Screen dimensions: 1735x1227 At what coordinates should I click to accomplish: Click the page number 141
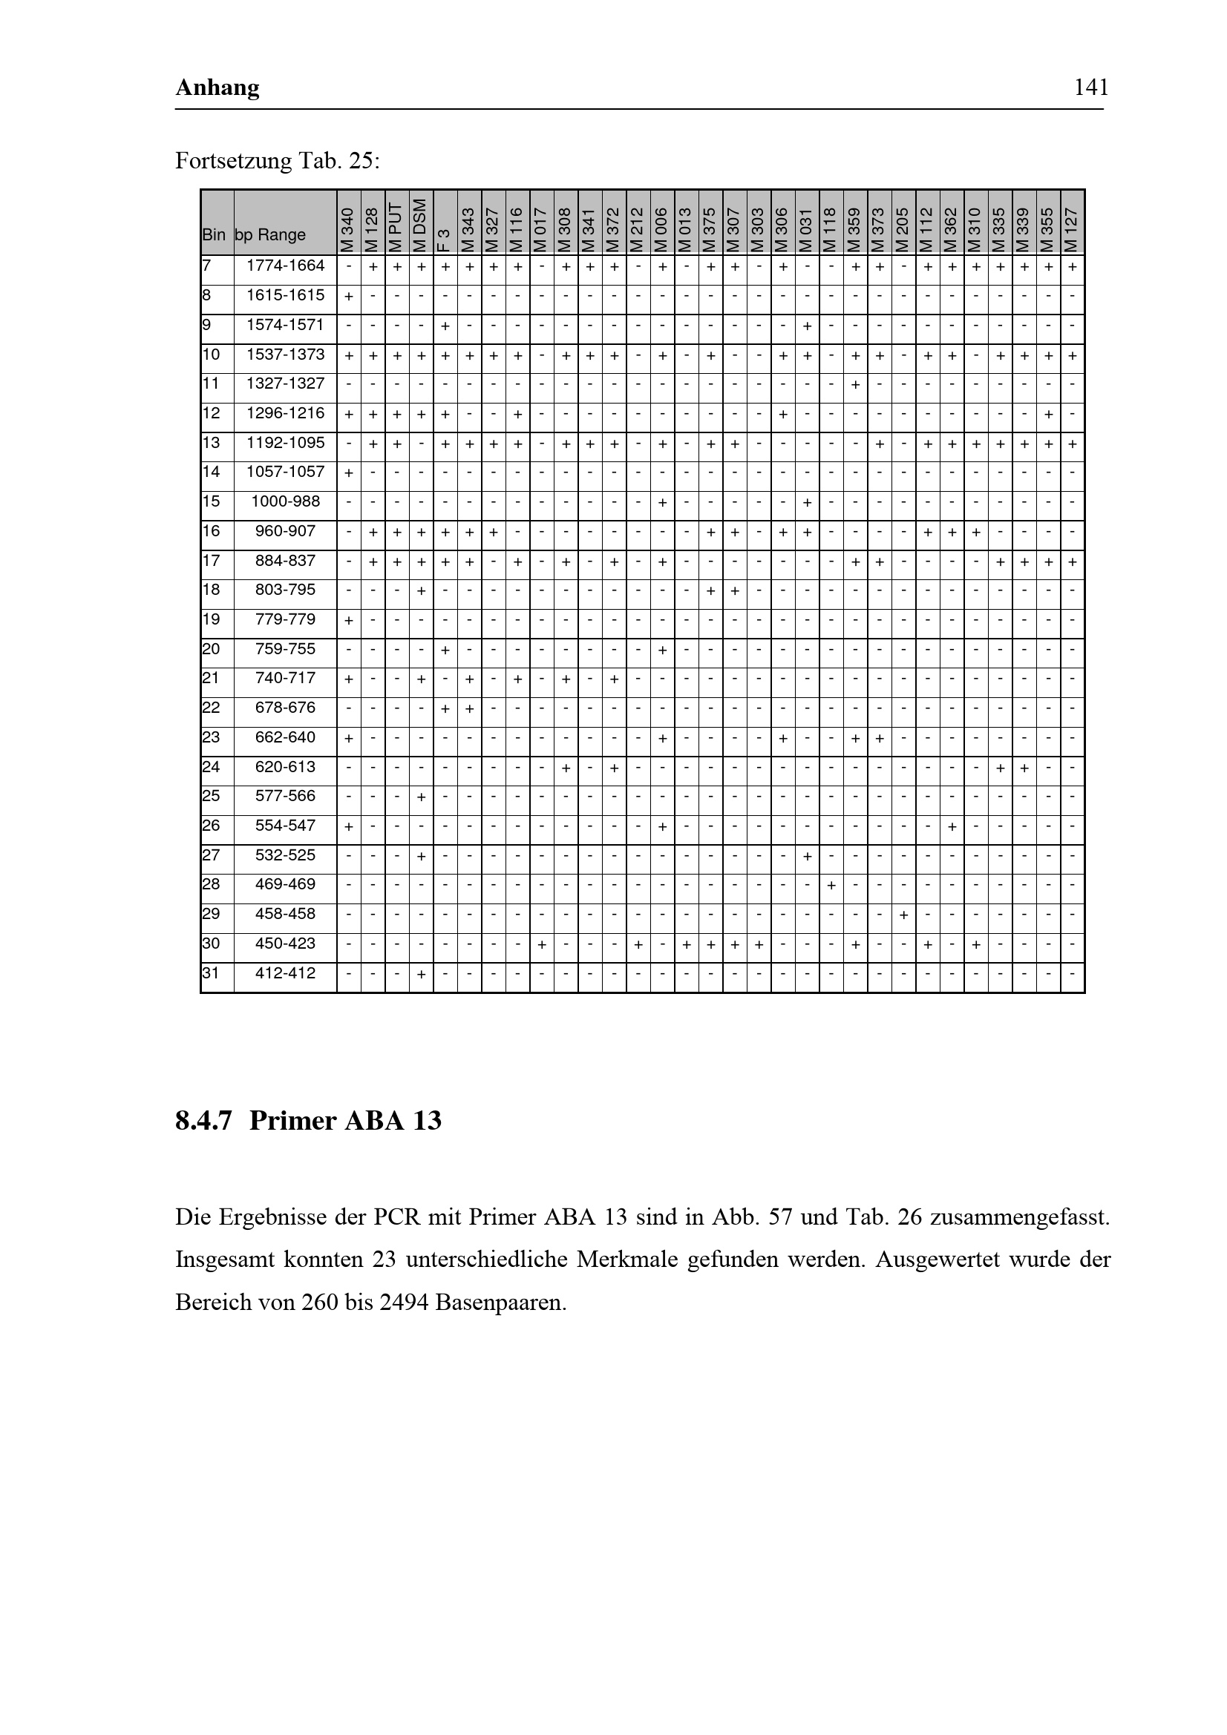(x=1091, y=88)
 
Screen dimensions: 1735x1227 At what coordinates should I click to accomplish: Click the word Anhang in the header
(x=217, y=88)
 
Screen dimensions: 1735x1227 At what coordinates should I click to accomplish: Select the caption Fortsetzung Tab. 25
(x=278, y=161)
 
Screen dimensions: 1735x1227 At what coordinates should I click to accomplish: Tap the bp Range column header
(x=270, y=235)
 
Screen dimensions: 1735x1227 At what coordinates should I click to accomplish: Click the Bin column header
(x=213, y=235)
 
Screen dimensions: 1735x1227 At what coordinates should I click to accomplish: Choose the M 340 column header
(x=349, y=230)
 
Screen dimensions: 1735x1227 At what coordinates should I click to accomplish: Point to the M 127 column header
(x=1072, y=230)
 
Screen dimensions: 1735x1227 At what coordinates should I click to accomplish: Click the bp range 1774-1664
(x=285, y=266)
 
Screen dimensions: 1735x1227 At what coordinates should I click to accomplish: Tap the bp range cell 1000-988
(x=285, y=501)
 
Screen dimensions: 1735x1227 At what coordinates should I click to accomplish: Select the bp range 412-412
(x=285, y=973)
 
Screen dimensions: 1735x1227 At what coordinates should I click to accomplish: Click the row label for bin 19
(x=211, y=619)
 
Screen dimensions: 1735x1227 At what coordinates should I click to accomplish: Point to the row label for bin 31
(x=211, y=973)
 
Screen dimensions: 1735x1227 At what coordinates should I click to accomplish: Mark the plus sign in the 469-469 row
(x=831, y=886)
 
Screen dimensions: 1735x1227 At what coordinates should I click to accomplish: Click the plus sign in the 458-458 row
(x=903, y=915)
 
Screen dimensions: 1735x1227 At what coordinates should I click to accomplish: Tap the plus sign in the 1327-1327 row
(x=855, y=385)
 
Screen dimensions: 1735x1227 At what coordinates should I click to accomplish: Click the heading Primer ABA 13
(x=344, y=1120)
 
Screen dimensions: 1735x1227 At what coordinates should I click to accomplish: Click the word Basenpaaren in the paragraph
(x=500, y=1303)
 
